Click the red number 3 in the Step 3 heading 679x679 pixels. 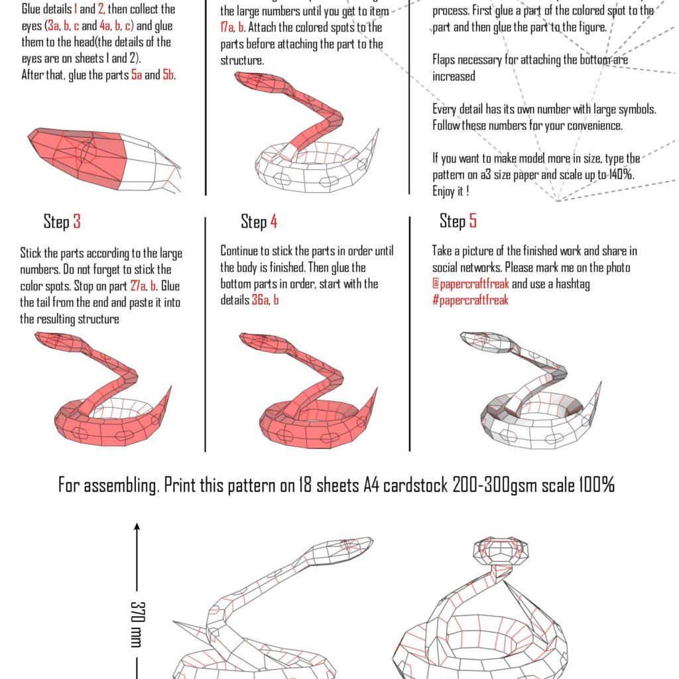point(77,221)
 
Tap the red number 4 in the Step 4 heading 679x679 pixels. point(273,221)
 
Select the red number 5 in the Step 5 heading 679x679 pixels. point(473,221)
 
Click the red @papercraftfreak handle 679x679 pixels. point(471,284)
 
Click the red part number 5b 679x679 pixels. point(168,75)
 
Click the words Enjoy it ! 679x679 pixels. point(451,192)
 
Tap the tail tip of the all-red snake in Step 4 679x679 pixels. point(376,389)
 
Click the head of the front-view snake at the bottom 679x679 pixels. point(501,550)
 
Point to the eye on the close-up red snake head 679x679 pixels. point(86,153)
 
